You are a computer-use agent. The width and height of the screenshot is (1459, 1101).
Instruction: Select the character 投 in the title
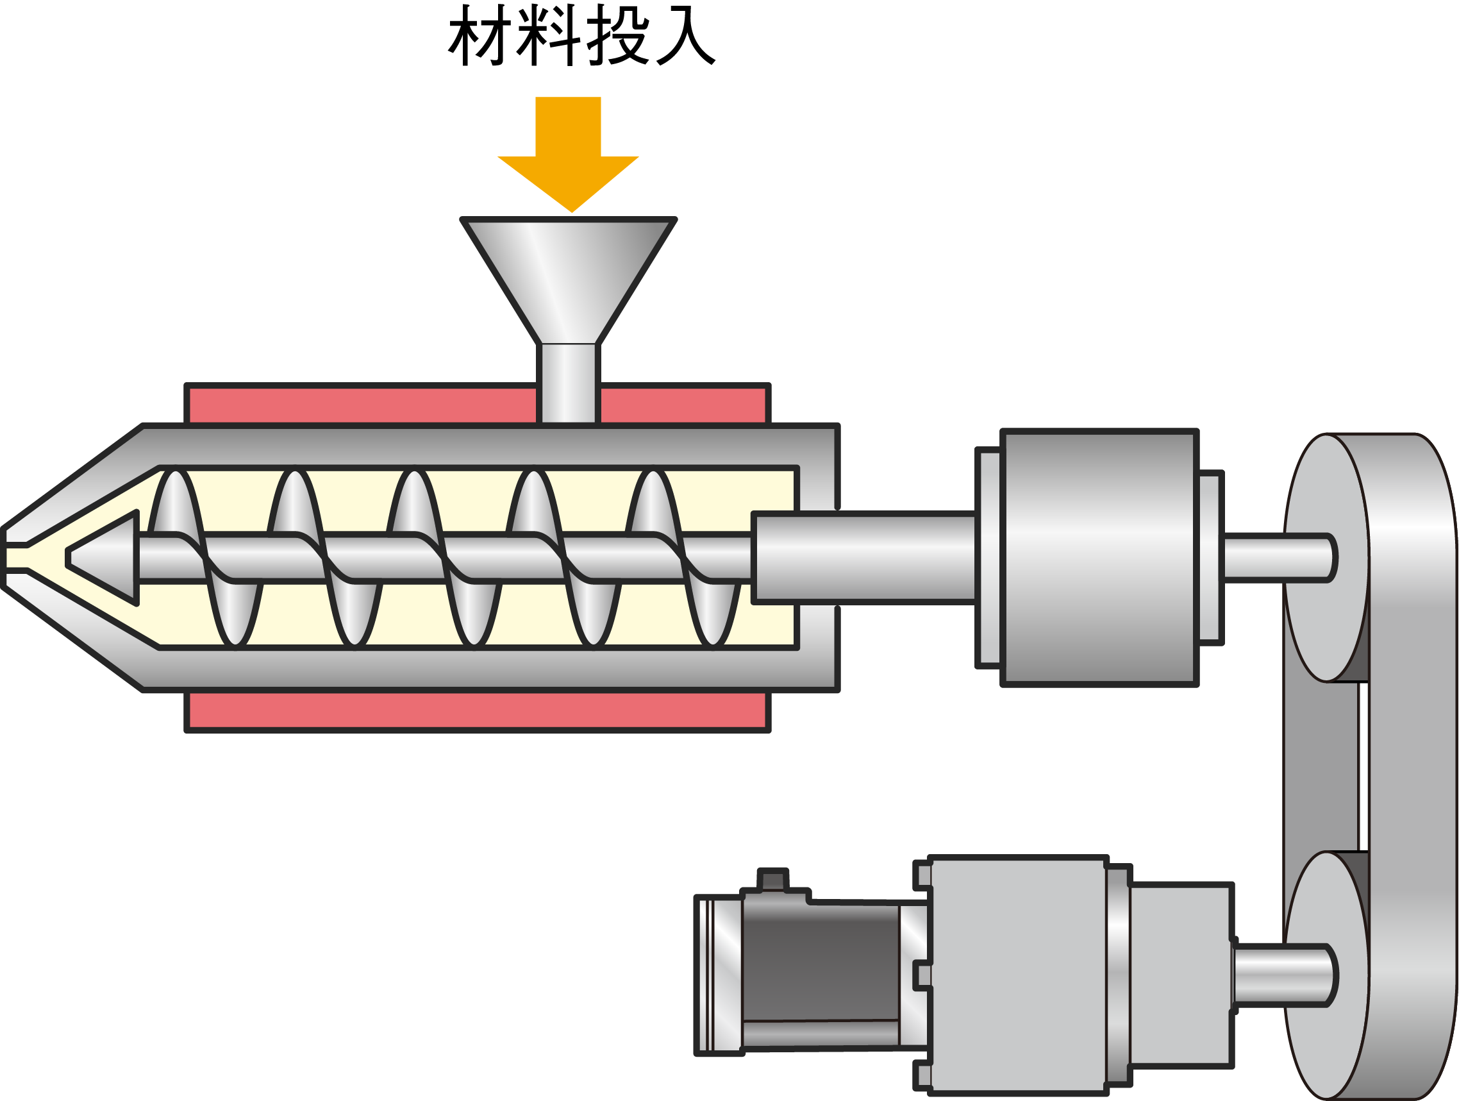tap(617, 37)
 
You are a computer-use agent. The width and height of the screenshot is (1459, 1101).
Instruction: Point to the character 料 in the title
tap(548, 37)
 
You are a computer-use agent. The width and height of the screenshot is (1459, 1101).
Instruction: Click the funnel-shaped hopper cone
tap(569, 277)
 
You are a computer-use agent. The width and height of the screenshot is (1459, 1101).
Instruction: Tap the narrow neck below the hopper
tap(569, 383)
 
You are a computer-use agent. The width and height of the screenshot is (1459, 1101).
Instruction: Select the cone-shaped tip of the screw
tap(106, 557)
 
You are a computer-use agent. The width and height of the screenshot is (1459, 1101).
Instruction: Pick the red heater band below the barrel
tap(477, 710)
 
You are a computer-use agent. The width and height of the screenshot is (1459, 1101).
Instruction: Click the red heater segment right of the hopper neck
tap(683, 405)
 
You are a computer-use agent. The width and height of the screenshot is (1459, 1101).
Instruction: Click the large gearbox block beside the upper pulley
tap(1099, 557)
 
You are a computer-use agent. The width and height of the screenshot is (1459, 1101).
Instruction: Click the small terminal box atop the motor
tap(772, 880)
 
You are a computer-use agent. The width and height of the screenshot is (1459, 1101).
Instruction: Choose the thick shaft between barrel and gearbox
tap(864, 557)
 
